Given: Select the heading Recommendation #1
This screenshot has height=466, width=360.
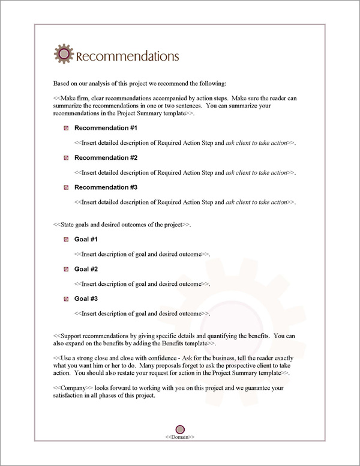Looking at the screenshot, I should click(106, 128).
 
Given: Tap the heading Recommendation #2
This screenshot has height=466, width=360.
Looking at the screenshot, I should click(106, 157).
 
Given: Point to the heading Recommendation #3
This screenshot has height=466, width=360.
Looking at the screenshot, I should click(106, 187).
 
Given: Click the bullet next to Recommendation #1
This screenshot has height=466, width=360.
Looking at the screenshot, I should click(65, 128).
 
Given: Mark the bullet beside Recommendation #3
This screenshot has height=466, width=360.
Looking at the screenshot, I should click(65, 187).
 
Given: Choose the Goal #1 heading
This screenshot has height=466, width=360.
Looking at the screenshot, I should click(86, 240).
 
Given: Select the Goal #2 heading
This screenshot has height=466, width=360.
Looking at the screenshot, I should click(86, 269).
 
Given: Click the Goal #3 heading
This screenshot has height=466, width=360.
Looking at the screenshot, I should click(86, 298).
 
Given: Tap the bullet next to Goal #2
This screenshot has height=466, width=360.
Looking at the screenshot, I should click(65, 269).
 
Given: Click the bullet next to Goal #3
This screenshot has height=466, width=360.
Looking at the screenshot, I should click(65, 298).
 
